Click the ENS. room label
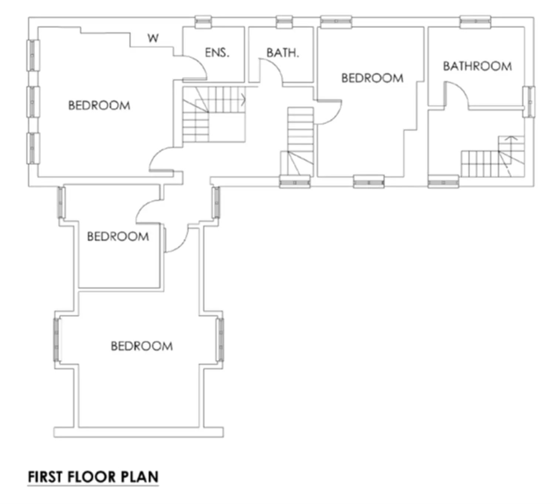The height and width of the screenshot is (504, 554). click(x=217, y=52)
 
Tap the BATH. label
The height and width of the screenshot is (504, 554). click(x=283, y=53)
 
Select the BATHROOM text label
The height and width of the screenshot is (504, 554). click(x=478, y=66)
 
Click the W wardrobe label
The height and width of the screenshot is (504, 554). click(x=153, y=38)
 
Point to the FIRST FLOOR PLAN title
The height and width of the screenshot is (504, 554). click(x=93, y=477)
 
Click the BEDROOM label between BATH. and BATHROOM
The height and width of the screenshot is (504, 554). click(x=372, y=78)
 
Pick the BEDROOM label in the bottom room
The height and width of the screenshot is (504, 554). click(x=142, y=346)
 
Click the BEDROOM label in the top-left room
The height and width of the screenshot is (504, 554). click(x=99, y=106)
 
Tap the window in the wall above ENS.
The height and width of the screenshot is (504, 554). click(x=203, y=21)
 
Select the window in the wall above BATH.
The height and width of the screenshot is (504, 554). click(x=284, y=21)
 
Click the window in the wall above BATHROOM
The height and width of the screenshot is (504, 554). click(x=475, y=21)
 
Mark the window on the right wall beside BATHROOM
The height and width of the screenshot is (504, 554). click(x=529, y=102)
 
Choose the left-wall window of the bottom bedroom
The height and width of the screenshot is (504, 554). click(x=57, y=340)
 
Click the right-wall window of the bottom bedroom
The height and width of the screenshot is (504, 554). click(x=220, y=340)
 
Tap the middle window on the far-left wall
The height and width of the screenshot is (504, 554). click(x=33, y=102)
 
